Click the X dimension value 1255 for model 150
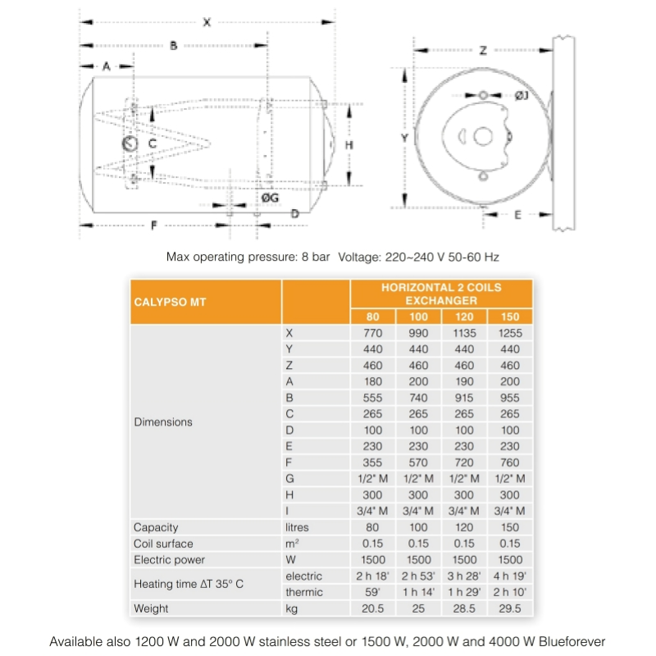tap(510, 334)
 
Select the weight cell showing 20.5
tap(373, 608)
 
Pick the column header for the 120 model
tap(464, 317)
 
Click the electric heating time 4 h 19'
tap(510, 576)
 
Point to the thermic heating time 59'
tap(373, 592)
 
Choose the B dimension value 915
tap(464, 398)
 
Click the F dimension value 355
tap(373, 462)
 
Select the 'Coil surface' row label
tap(163, 544)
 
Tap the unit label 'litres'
tap(298, 527)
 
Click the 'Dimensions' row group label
tap(162, 422)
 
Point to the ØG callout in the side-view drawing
tap(270, 198)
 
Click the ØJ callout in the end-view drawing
tap(522, 96)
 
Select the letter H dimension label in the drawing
tap(348, 144)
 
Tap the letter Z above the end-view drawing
tap(483, 51)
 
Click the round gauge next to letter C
tap(130, 143)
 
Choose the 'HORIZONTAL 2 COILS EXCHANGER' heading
tap(441, 294)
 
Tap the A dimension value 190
tap(464, 382)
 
